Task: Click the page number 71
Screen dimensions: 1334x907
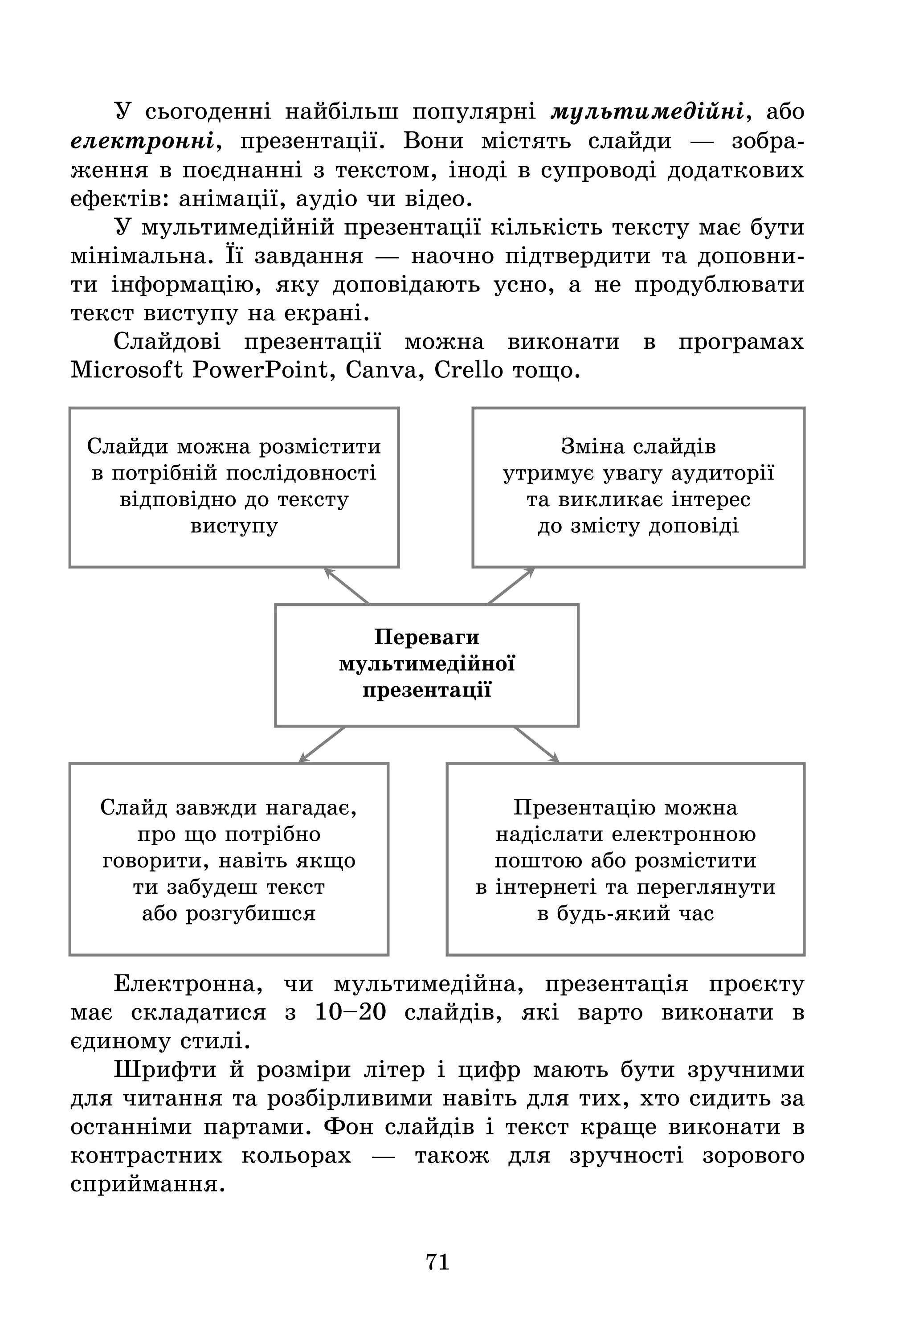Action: click(437, 1261)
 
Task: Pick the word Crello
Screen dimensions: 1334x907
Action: click(468, 370)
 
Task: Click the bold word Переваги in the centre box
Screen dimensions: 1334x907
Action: click(426, 637)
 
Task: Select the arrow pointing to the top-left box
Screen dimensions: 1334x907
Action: click(347, 585)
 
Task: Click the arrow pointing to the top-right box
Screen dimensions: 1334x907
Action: click(511, 585)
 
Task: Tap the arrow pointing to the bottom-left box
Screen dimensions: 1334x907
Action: click(322, 745)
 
